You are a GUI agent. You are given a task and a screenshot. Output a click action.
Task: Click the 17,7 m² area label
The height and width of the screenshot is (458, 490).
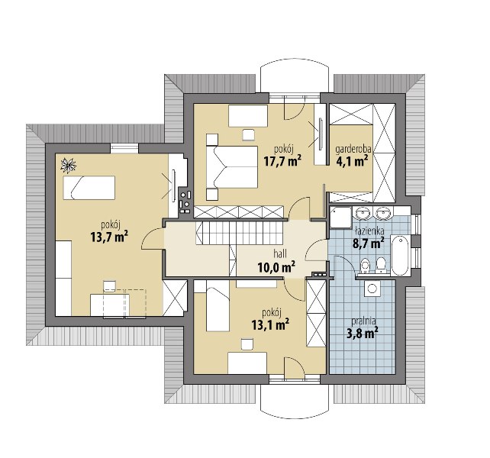pyautogui.click(x=282, y=161)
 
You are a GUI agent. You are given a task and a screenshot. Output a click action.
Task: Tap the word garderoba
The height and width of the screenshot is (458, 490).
pyautogui.click(x=351, y=150)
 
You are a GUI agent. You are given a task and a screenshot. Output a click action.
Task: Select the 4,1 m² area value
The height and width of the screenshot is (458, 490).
pyautogui.click(x=352, y=161)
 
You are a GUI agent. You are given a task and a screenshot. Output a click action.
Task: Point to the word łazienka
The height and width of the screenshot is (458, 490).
pyautogui.click(x=369, y=231)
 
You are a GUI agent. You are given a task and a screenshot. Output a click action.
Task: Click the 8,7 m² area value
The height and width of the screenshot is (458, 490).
pyautogui.click(x=368, y=243)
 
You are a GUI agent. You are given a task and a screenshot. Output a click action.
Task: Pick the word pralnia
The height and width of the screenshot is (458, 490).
pyautogui.click(x=363, y=321)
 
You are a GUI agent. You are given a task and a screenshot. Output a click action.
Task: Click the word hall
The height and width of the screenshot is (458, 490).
pyautogui.click(x=280, y=254)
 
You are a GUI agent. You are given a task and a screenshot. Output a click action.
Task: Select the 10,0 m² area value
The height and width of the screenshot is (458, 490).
pyautogui.click(x=276, y=267)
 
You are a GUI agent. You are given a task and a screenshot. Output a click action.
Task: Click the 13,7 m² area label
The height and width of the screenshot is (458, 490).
pyautogui.click(x=109, y=237)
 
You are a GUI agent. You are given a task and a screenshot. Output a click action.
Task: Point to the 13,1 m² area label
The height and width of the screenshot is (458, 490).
pyautogui.click(x=270, y=324)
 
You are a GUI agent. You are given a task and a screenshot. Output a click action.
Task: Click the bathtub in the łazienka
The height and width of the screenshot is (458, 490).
pyautogui.click(x=400, y=255)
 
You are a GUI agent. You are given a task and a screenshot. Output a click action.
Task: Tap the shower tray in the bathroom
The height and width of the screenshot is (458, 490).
pyautogui.click(x=340, y=217)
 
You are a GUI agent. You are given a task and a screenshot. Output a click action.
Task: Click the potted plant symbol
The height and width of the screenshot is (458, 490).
pyautogui.click(x=68, y=166)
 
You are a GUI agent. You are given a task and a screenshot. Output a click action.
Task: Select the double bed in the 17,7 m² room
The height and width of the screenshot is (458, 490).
pyautogui.click(x=232, y=167)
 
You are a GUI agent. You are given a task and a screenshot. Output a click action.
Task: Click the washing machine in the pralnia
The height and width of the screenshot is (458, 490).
pyautogui.click(x=372, y=288)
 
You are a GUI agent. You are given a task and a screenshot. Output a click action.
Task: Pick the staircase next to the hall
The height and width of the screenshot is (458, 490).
pyautogui.click(x=240, y=233)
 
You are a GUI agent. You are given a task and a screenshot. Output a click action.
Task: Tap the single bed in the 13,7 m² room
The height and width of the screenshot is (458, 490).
pyautogui.click(x=89, y=188)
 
